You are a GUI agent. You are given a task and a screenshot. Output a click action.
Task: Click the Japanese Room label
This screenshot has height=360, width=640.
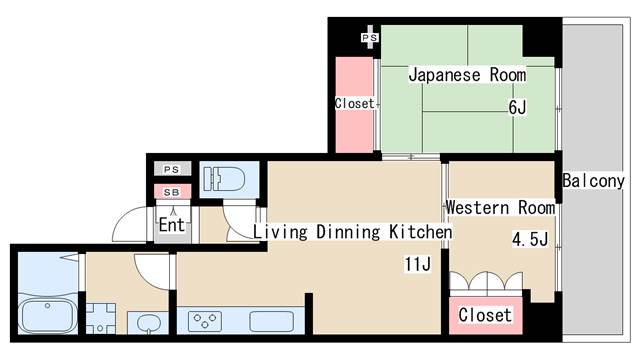(x=467, y=75)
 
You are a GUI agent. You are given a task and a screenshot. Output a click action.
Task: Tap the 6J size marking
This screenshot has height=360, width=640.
(x=517, y=107)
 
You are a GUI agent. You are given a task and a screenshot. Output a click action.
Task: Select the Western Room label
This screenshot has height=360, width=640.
(x=500, y=207)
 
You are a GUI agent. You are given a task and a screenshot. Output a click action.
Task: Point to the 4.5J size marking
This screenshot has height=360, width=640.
(x=530, y=239)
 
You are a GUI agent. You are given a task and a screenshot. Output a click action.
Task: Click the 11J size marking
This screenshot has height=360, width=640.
(x=418, y=264)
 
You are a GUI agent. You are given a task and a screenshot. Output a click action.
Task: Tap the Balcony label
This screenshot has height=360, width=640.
(x=593, y=181)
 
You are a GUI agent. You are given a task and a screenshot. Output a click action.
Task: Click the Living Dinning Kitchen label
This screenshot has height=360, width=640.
(x=353, y=232)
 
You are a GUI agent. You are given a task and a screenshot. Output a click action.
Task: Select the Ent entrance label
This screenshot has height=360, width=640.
(x=172, y=224)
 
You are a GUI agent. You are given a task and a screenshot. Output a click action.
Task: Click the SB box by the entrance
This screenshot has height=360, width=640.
(x=172, y=192)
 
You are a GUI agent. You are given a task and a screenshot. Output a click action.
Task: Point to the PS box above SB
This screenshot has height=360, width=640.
(x=172, y=169)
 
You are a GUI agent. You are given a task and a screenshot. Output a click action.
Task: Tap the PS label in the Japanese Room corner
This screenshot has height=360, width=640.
(x=370, y=38)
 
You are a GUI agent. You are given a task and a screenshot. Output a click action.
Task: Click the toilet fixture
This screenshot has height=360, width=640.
(x=224, y=180)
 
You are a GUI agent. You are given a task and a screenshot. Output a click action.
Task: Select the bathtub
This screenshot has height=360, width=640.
(x=48, y=316)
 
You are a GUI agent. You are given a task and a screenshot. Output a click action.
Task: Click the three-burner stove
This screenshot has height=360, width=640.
(x=205, y=321)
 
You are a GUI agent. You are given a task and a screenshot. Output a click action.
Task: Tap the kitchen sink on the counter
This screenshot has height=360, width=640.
(x=271, y=321)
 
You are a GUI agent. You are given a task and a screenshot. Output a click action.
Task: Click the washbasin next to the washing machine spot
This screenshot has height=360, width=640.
(x=148, y=323)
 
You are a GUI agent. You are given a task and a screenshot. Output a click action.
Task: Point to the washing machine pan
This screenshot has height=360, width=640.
(x=100, y=318)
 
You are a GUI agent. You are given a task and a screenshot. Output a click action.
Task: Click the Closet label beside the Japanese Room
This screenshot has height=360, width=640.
(x=354, y=104)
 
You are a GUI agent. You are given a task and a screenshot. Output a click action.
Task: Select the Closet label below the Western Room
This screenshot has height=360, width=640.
(x=485, y=315)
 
